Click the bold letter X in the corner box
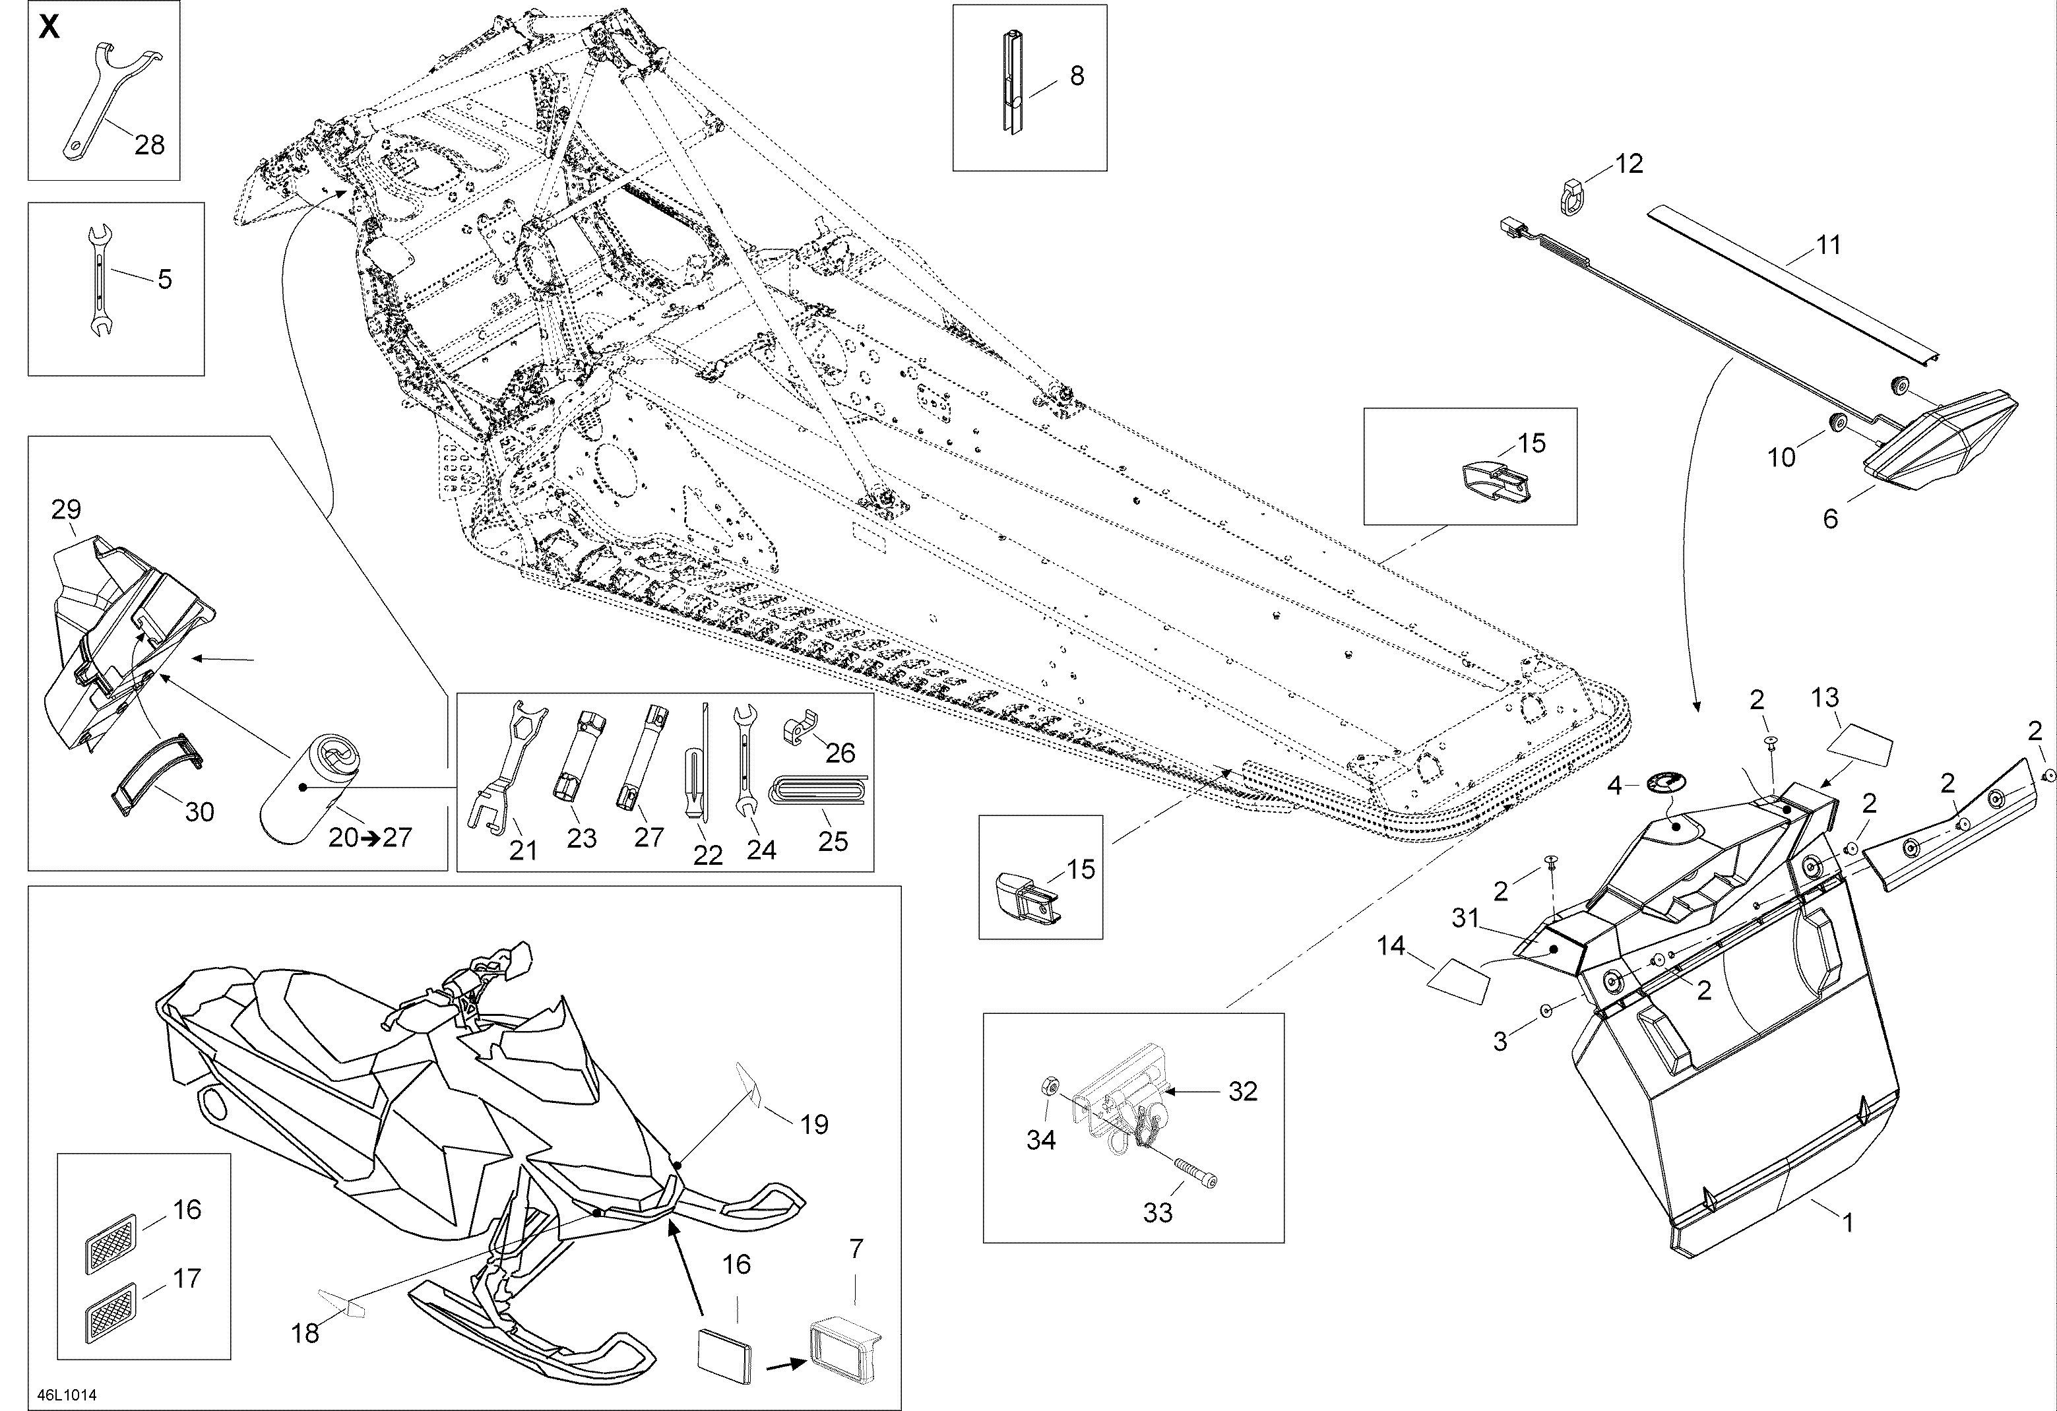point(49,28)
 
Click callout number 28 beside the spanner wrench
point(150,145)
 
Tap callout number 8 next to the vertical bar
point(1076,76)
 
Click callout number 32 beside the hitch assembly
point(1243,1092)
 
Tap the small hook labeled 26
point(800,732)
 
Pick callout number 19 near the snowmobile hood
point(814,1124)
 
